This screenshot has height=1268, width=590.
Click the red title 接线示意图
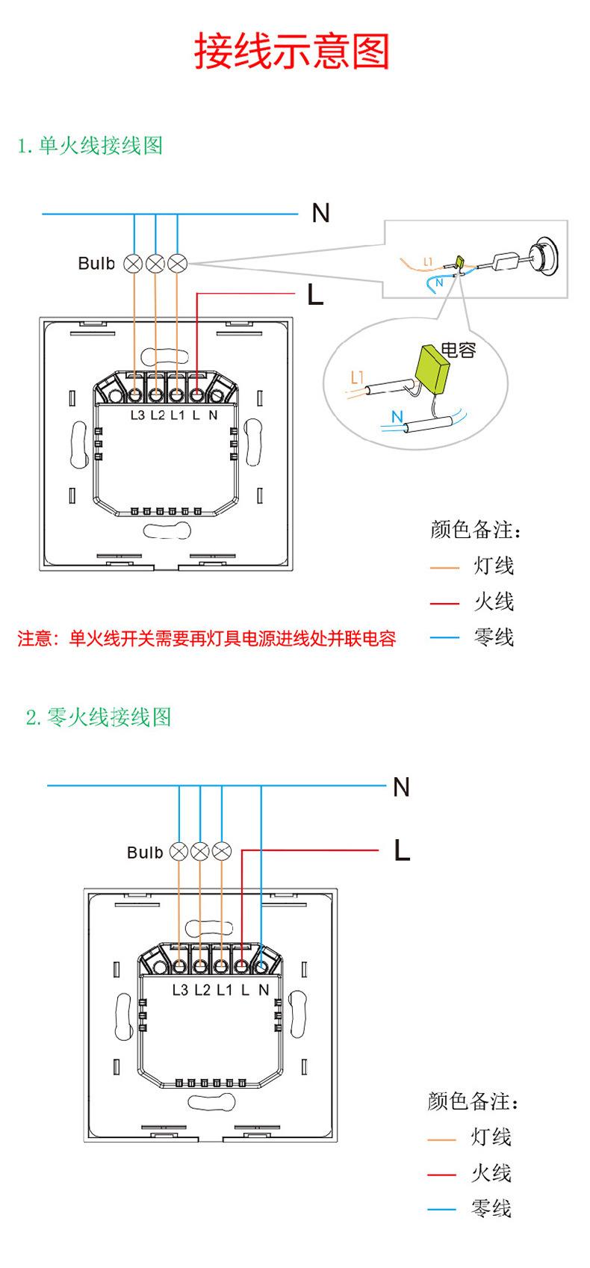292,51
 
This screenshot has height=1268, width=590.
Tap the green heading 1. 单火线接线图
90,146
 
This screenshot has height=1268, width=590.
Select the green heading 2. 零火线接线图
99,717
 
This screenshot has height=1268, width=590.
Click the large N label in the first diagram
320,214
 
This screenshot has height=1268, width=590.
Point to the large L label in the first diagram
315,294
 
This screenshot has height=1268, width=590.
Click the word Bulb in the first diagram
96,263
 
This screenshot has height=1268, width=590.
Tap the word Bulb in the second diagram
145,853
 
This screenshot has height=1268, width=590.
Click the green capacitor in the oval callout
434,363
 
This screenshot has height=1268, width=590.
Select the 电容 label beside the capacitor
459,350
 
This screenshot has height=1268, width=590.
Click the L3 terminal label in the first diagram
137,415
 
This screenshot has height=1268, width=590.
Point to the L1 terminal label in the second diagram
225,990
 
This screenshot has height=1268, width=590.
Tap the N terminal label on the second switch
264,990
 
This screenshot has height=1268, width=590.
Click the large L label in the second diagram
402,850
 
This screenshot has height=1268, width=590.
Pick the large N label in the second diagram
401,787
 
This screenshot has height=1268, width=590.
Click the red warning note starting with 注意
206,639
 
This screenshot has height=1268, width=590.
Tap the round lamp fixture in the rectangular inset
546,256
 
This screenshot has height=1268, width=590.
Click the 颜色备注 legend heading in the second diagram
472,1101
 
